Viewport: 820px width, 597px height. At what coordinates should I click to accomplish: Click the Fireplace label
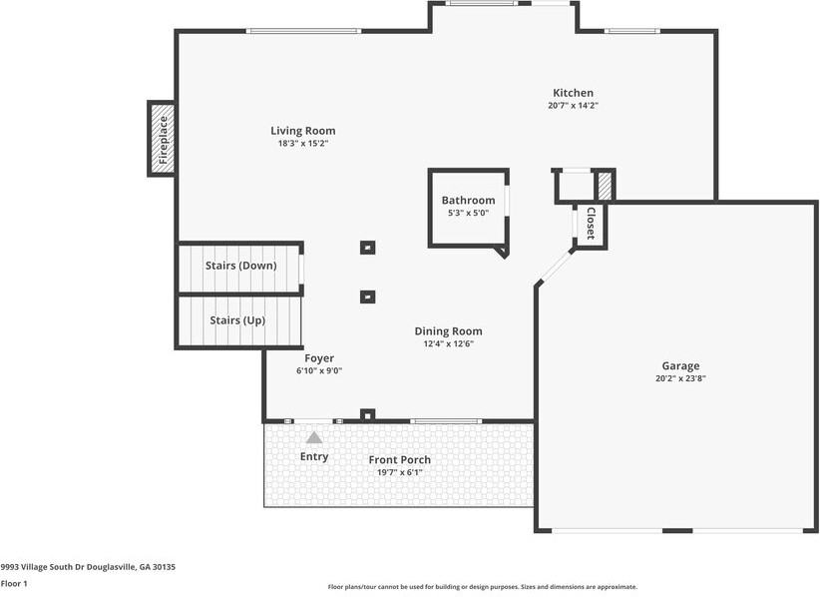[164, 139]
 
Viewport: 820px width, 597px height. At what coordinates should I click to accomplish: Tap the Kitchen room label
[574, 93]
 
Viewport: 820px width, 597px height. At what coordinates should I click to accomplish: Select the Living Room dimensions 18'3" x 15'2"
[303, 144]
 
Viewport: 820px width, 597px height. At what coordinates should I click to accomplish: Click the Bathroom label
[468, 200]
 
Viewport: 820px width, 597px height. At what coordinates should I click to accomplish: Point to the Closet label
[591, 224]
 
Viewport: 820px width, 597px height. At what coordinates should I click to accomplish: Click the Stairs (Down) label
[240, 266]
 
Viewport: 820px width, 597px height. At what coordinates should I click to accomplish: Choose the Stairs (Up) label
[237, 320]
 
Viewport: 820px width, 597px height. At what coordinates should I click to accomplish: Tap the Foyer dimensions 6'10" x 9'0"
[319, 371]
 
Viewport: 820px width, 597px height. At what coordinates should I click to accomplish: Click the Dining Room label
[448, 331]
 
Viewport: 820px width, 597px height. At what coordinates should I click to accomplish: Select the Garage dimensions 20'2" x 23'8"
[680, 378]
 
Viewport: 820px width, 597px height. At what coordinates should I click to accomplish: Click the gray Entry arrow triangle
[314, 437]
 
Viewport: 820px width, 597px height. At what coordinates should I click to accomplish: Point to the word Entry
[314, 457]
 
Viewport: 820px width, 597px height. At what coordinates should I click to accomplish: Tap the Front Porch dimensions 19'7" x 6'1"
[400, 472]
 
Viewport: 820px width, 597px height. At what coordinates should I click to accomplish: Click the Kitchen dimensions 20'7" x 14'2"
[574, 106]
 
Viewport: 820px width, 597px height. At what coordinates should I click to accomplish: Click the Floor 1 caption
[14, 583]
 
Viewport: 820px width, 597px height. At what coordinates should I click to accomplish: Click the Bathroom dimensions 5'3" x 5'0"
[468, 213]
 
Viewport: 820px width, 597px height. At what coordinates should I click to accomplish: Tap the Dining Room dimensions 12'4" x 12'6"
[448, 343]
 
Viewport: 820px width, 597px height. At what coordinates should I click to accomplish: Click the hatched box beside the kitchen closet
[605, 186]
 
